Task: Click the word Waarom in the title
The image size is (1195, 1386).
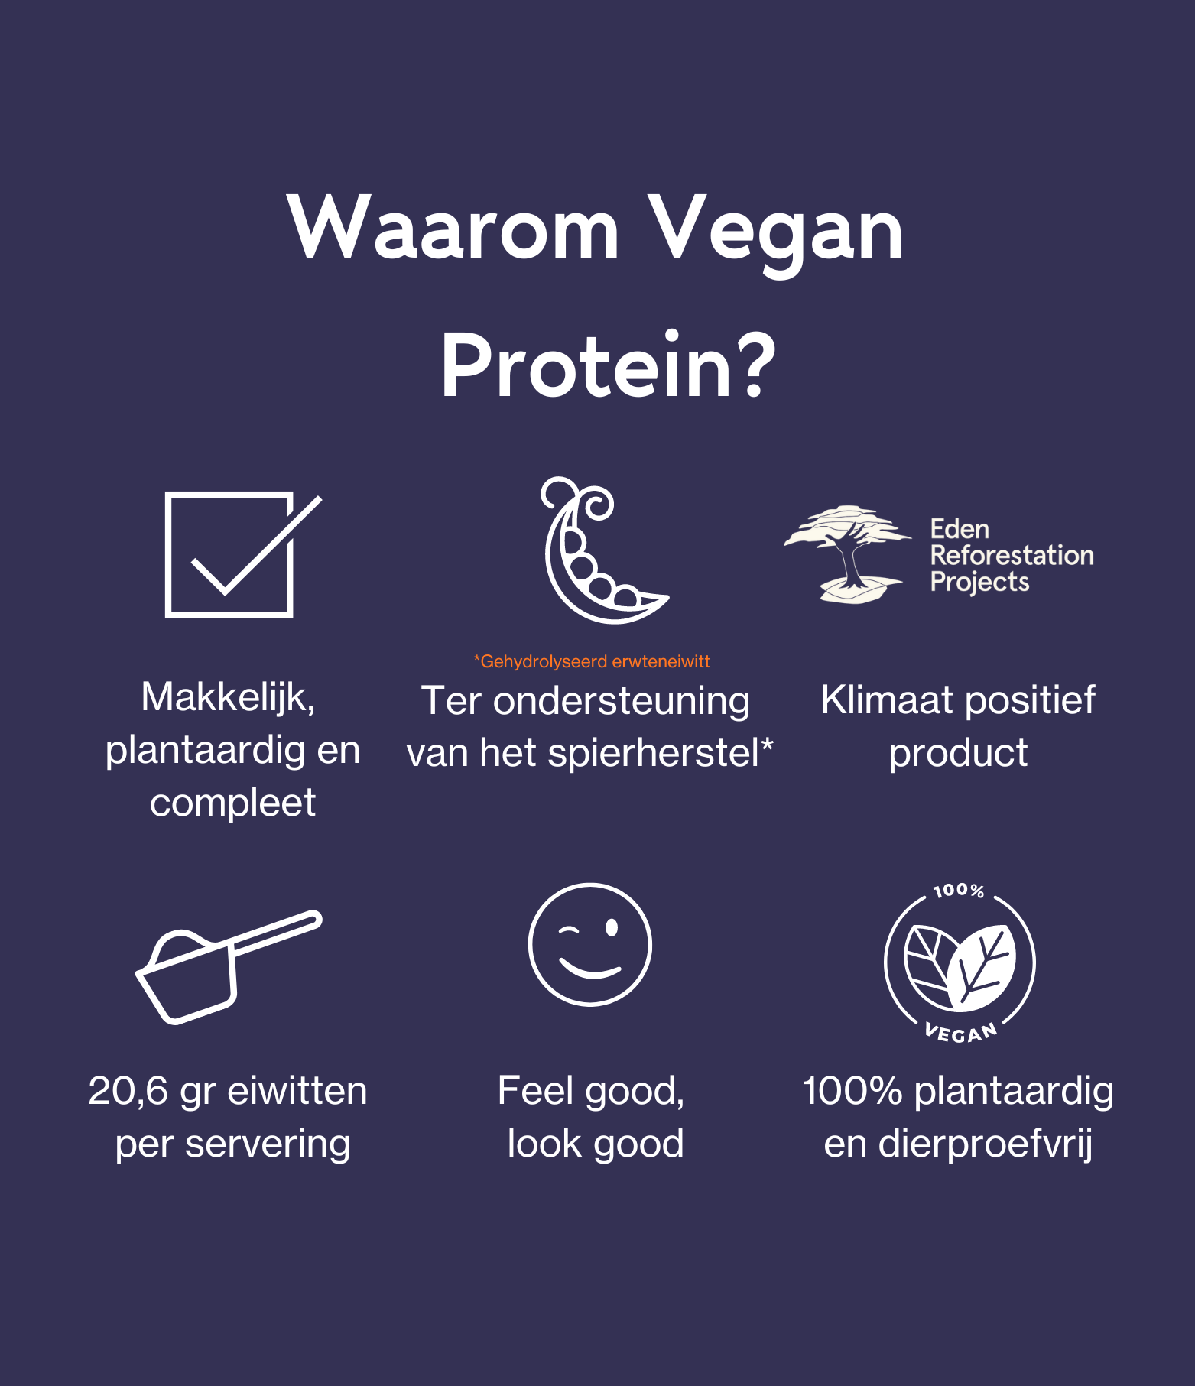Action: [453, 228]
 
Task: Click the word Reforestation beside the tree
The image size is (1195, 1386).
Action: [1012, 555]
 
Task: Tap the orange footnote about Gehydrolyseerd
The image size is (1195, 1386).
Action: [592, 661]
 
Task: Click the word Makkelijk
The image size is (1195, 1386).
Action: [228, 697]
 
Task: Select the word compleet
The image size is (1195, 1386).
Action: [232, 803]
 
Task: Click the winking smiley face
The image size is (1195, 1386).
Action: [590, 944]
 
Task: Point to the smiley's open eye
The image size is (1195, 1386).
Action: [612, 927]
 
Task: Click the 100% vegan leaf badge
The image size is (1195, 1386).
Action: [960, 963]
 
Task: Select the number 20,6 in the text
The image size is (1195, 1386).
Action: [128, 1091]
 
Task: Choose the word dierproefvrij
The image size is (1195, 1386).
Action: [986, 1144]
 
